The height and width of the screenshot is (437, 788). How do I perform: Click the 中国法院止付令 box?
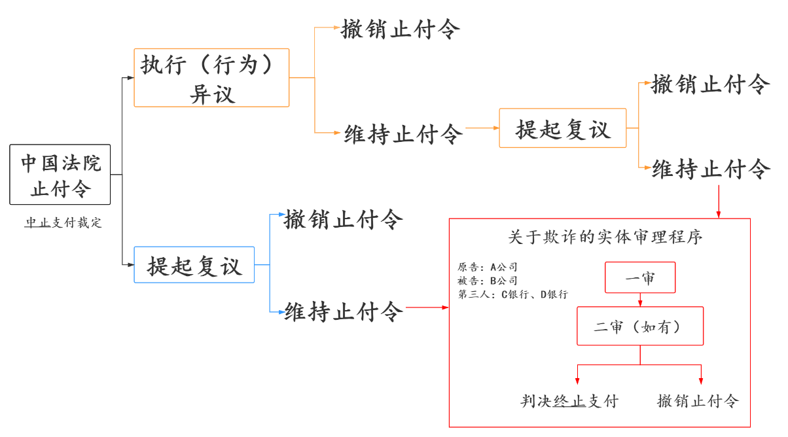(x=60, y=175)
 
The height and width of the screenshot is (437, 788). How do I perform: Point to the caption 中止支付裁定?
(x=63, y=223)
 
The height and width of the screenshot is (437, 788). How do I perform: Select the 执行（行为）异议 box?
(x=211, y=77)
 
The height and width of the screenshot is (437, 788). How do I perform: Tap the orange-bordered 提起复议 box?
(x=562, y=128)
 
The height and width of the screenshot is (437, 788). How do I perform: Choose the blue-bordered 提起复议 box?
(x=194, y=264)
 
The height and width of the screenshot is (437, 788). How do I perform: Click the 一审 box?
(x=639, y=278)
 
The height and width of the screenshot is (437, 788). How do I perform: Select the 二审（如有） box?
(x=639, y=326)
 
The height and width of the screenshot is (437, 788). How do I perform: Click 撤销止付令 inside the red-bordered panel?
(x=698, y=401)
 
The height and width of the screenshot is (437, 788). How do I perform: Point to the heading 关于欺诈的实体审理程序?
(x=605, y=237)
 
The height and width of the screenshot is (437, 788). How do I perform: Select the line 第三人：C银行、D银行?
(x=512, y=294)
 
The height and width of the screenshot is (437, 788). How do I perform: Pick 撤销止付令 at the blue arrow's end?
(x=343, y=220)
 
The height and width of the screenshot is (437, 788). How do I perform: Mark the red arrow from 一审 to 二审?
(x=639, y=300)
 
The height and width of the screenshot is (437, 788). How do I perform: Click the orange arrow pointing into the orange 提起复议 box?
(x=481, y=128)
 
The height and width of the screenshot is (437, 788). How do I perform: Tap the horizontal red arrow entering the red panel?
(x=427, y=307)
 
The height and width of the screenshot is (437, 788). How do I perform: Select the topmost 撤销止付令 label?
(x=401, y=29)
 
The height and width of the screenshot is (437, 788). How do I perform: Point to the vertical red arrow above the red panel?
(x=719, y=201)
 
